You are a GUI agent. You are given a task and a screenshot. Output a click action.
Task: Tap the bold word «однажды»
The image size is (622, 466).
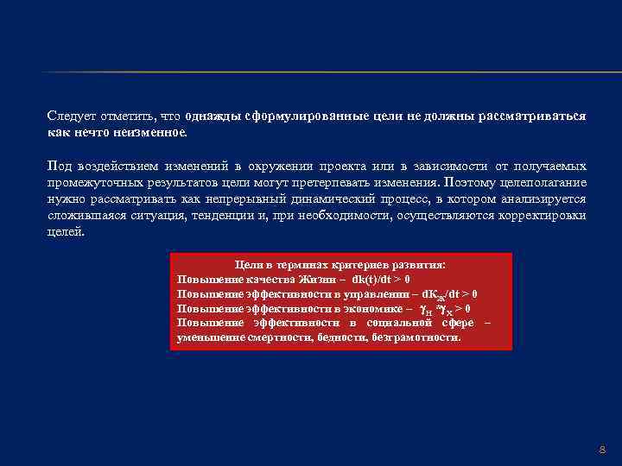(214, 116)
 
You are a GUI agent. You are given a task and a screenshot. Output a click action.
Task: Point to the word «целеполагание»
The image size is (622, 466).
(547, 182)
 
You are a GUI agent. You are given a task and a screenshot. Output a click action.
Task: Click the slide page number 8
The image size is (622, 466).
(603, 450)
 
